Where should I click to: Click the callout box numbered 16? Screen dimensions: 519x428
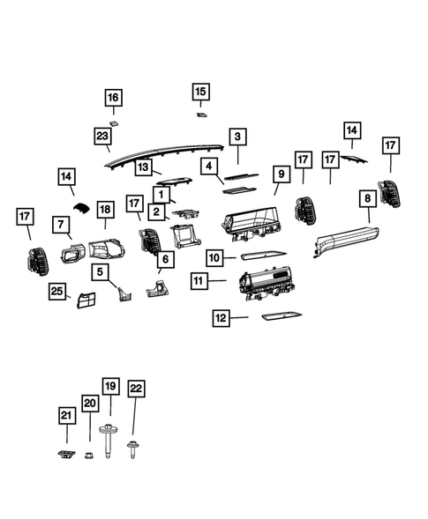click(113, 97)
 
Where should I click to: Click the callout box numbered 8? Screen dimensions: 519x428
click(366, 199)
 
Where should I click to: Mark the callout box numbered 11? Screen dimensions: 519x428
click(199, 281)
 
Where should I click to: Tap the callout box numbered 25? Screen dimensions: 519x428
click(57, 291)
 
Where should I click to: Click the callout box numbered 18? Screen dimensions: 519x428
click(104, 209)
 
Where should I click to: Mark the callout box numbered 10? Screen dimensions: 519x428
click(215, 258)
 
